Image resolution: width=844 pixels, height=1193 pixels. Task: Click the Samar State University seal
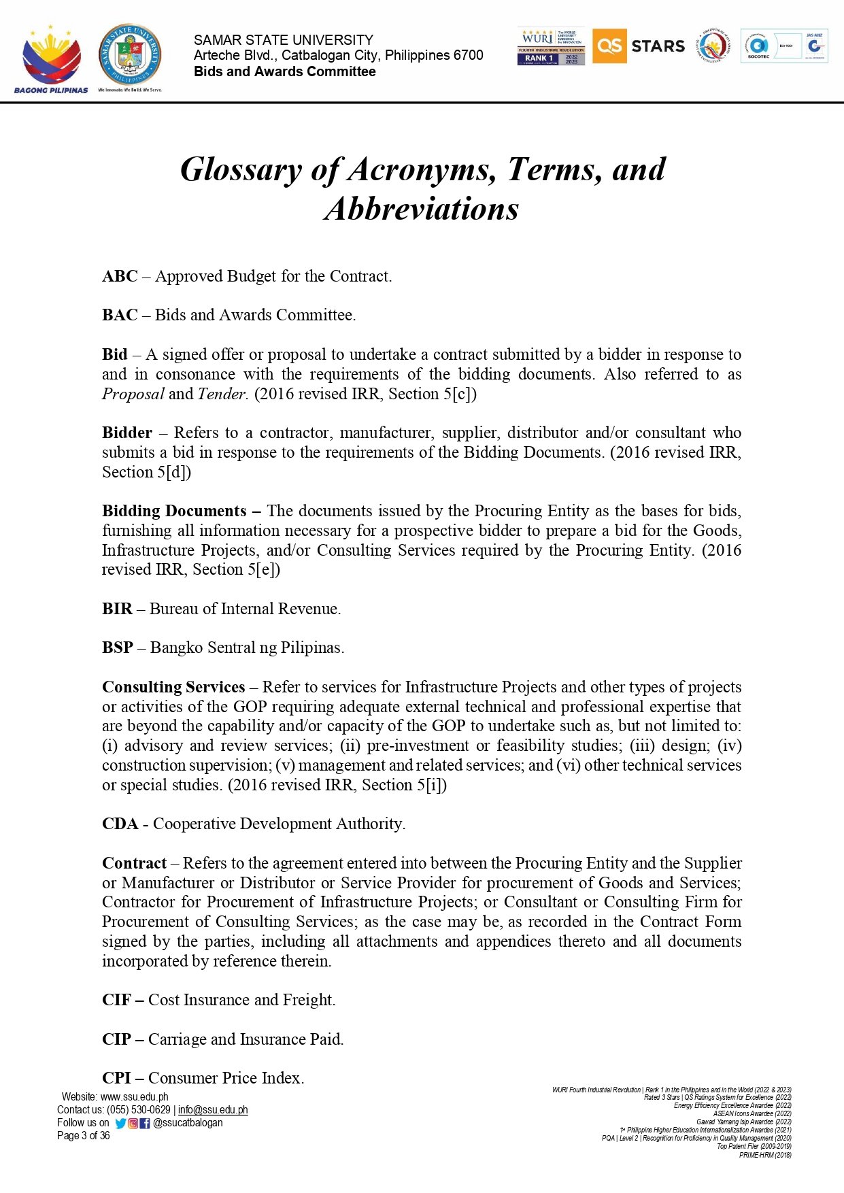130,57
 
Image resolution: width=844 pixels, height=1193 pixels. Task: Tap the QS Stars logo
639,46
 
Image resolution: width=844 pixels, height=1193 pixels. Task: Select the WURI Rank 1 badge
551,47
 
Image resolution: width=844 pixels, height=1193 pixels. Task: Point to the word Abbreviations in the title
422,209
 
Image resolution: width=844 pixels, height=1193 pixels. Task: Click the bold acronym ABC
120,277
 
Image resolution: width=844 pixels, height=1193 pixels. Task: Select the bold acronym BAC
120,316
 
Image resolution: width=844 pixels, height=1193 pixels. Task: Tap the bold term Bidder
127,433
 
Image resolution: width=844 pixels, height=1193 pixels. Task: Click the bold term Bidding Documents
174,511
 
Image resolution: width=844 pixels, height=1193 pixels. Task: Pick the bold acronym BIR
117,609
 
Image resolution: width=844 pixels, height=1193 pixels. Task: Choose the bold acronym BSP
118,648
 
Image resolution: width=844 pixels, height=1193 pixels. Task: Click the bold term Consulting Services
173,688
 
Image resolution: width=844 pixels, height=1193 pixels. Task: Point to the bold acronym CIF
116,1001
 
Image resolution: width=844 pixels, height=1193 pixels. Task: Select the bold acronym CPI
116,1079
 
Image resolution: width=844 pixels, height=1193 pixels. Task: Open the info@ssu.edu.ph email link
213,1110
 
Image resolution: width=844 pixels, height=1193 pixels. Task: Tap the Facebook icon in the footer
145,1124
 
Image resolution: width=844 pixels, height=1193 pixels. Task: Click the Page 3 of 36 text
83,1136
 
